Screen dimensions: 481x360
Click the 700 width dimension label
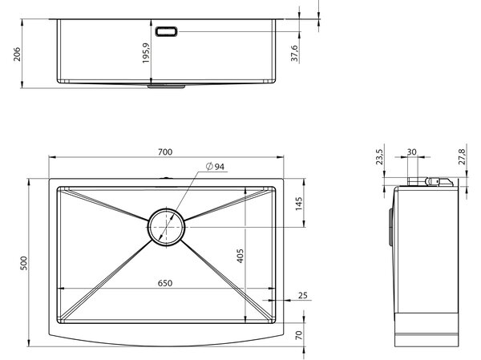tap(165, 152)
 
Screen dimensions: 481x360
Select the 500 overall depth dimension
tap(23, 263)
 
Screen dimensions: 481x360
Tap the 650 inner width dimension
tap(165, 283)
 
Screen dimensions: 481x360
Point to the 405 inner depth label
tap(240, 256)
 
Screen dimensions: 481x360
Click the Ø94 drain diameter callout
tap(215, 167)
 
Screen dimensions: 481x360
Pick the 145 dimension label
tap(298, 204)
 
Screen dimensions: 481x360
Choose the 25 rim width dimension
tap(303, 295)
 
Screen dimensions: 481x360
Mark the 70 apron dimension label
tap(298, 335)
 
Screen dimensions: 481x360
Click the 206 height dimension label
tap(17, 54)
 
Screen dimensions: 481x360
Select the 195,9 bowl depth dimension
tap(146, 53)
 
